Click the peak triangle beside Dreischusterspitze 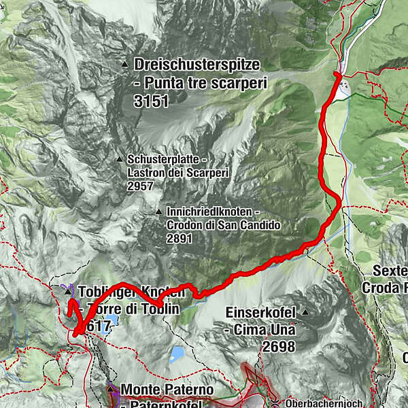pyautogui.click(x=125, y=65)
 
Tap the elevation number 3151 pyautogui.click(x=151, y=100)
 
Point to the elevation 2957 pyautogui.click(x=141, y=185)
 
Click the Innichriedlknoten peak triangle pyautogui.click(x=158, y=211)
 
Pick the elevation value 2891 pyautogui.click(x=180, y=238)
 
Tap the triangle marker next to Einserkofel pyautogui.click(x=306, y=313)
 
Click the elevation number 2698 pyautogui.click(x=277, y=347)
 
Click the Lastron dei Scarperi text pyautogui.click(x=178, y=172)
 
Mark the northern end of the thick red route pyautogui.click(x=337, y=73)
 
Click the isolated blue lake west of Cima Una pyautogui.click(x=177, y=354)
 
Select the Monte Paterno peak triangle pyautogui.click(x=112, y=388)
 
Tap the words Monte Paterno pyautogui.click(x=167, y=390)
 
